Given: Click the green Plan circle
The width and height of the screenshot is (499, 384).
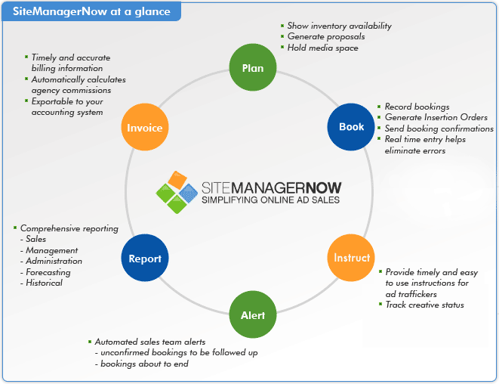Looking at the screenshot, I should (x=252, y=68).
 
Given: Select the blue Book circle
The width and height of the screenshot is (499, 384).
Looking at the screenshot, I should (x=351, y=127).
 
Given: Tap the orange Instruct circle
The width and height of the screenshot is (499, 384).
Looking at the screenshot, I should (x=352, y=258).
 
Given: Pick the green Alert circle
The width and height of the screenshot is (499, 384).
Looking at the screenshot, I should (x=252, y=315).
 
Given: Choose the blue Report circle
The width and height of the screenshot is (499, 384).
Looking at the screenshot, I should (x=145, y=258).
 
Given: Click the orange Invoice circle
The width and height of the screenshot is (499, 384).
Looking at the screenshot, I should (x=145, y=128).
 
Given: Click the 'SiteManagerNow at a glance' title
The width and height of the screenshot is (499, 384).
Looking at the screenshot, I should (x=91, y=12).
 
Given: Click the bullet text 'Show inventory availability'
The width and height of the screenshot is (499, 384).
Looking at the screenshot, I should (x=339, y=26).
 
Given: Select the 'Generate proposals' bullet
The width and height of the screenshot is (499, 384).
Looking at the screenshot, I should (x=325, y=36).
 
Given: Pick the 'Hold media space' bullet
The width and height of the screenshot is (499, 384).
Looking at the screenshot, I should (x=322, y=47).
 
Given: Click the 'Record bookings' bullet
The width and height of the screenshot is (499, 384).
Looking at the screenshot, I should (x=417, y=107).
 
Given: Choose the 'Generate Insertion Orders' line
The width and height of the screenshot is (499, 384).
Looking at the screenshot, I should (x=436, y=117).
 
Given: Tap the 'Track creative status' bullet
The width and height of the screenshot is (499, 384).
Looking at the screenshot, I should (x=424, y=305).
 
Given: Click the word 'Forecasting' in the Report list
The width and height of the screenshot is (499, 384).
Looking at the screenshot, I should (x=48, y=272).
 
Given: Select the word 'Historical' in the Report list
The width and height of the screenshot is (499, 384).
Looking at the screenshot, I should (x=44, y=283).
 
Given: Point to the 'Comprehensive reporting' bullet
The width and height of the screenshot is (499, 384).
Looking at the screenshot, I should (x=69, y=228).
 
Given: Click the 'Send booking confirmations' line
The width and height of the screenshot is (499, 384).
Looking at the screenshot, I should (x=439, y=129).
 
